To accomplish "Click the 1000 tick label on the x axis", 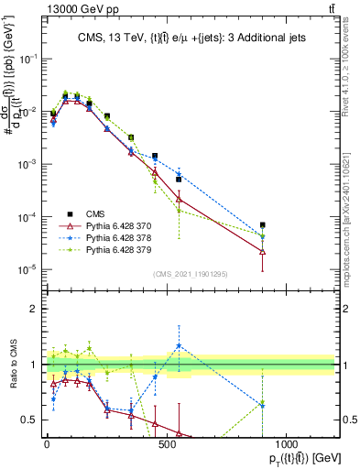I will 287,442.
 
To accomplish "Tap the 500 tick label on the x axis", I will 167,442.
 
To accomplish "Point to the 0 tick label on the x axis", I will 47,442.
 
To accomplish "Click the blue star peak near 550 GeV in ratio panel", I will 179,346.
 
